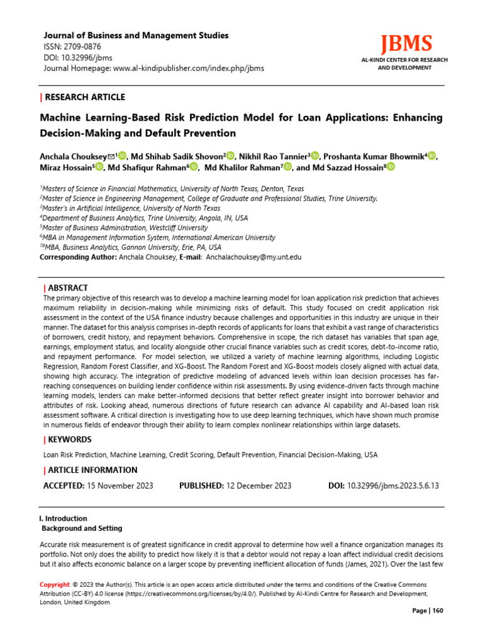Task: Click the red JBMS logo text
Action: [406, 44]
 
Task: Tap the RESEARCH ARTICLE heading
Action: [85, 97]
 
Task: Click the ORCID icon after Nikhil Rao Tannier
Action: [315, 156]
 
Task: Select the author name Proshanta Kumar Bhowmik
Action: [374, 156]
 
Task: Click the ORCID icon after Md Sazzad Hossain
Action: [391, 167]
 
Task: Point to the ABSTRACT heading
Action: [69, 287]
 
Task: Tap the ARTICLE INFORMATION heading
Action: [92, 470]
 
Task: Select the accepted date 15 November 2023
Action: [120, 486]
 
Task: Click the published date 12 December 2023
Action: [258, 486]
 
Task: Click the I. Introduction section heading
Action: [63, 519]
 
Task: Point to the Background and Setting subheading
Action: [82, 528]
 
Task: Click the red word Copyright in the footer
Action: [55, 584]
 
